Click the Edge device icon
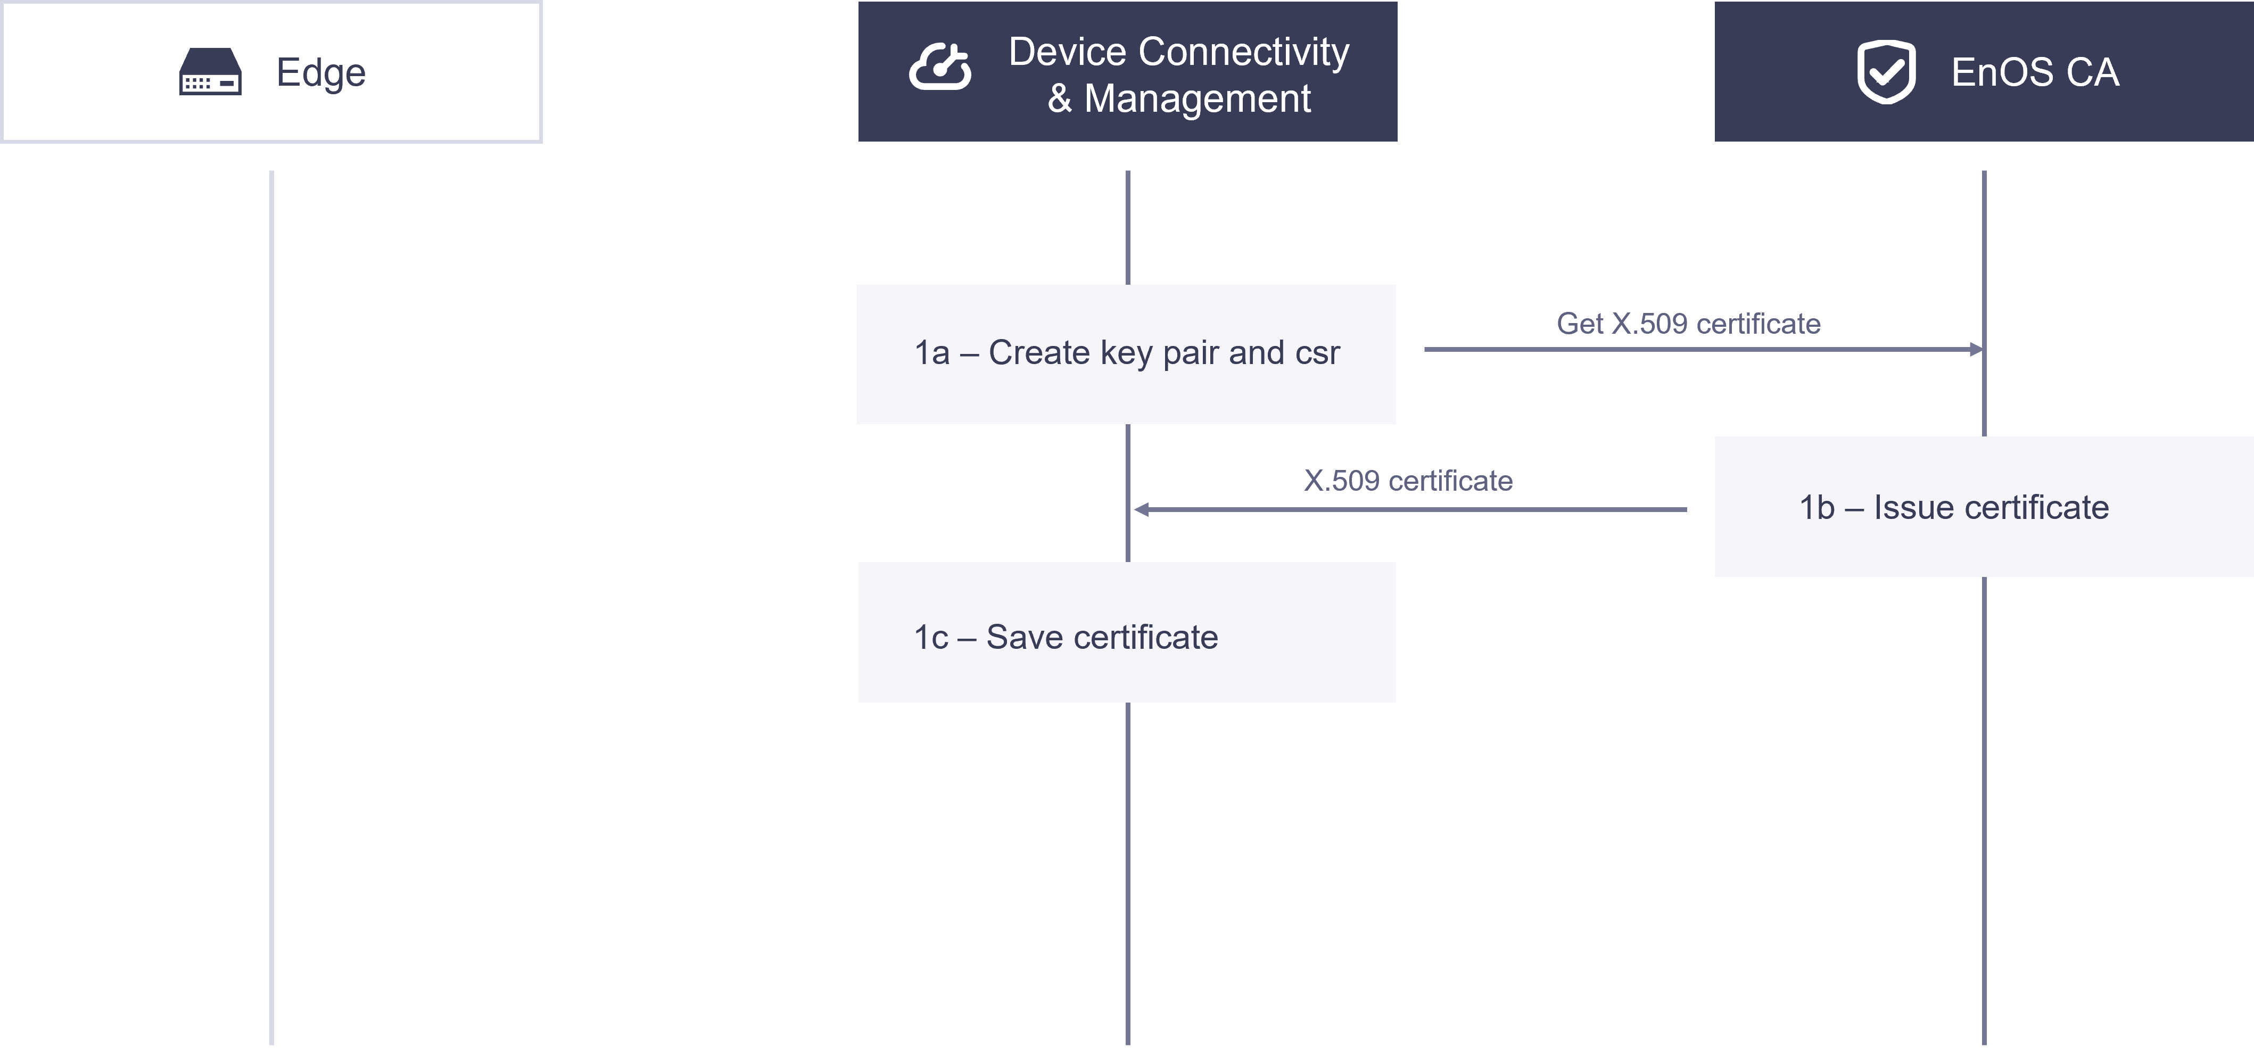[210, 72]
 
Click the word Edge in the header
[321, 72]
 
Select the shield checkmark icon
[1886, 72]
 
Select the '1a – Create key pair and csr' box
[1126, 354]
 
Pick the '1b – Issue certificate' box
[1984, 507]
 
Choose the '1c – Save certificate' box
[1126, 632]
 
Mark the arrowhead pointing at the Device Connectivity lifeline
[1142, 510]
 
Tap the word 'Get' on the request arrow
[1579, 324]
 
